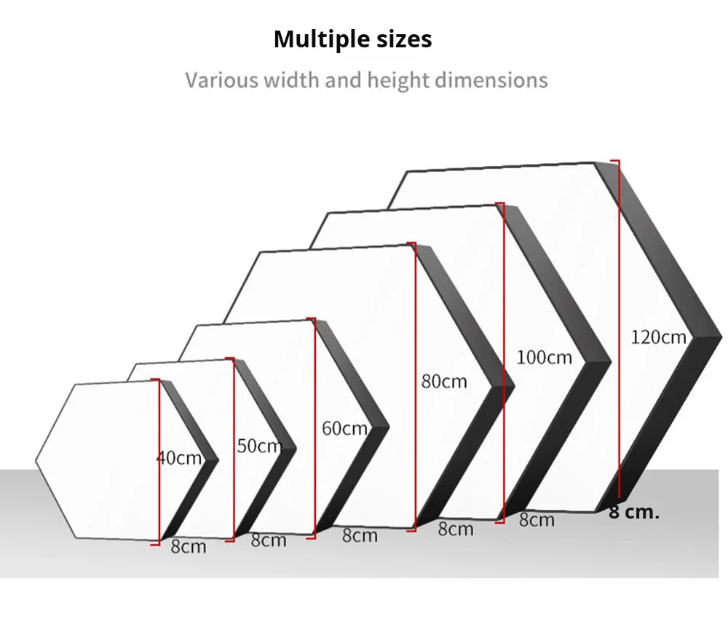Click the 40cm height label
(178, 458)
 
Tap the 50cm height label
(259, 446)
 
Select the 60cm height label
(344, 428)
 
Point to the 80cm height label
(444, 381)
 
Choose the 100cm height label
(545, 358)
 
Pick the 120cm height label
(658, 337)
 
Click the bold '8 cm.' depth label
(633, 512)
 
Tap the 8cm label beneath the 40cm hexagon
(189, 546)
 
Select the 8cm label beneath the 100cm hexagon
(537, 520)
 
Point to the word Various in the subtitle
(221, 79)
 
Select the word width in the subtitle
(292, 79)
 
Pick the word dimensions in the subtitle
(491, 79)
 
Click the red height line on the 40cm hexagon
(159, 422)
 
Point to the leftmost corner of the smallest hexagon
(36, 460)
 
